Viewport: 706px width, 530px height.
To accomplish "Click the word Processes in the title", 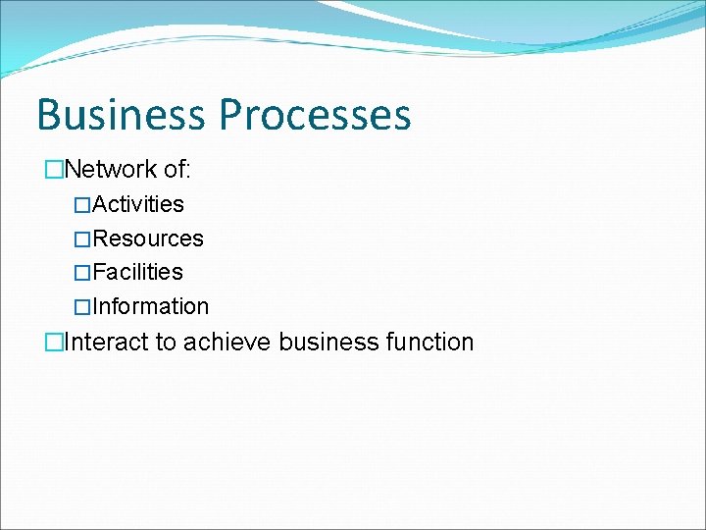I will coord(315,115).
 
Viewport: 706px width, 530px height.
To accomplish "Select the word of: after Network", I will coord(177,170).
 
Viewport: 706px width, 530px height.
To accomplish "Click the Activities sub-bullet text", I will coord(138,204).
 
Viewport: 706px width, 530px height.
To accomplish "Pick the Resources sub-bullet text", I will coord(148,238).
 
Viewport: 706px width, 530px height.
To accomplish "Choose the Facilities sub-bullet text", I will coord(137,272).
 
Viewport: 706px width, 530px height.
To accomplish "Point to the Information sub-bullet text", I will coord(150,306).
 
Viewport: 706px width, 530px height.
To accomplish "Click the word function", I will coord(429,343).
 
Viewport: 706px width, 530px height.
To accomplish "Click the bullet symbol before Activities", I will coord(82,205).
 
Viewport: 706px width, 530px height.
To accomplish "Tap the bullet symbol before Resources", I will coord(82,239).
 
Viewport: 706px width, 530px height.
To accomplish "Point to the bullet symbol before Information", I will coord(82,307).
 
